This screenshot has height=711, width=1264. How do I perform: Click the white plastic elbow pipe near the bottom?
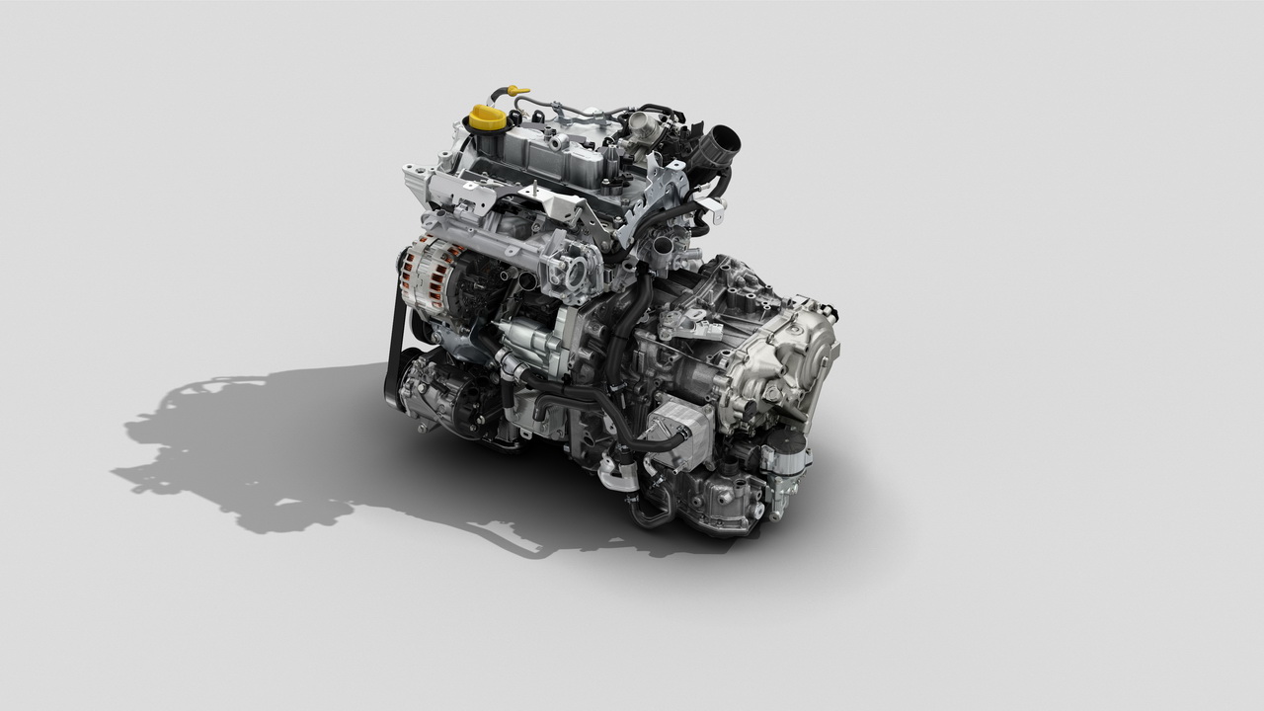tap(614, 476)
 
